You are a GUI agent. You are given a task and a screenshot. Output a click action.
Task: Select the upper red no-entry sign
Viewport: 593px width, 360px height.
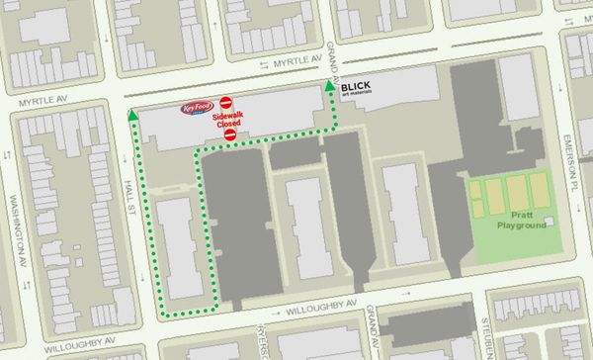click(226, 102)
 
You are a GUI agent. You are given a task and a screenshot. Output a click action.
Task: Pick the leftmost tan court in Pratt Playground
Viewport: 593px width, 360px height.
click(480, 198)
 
